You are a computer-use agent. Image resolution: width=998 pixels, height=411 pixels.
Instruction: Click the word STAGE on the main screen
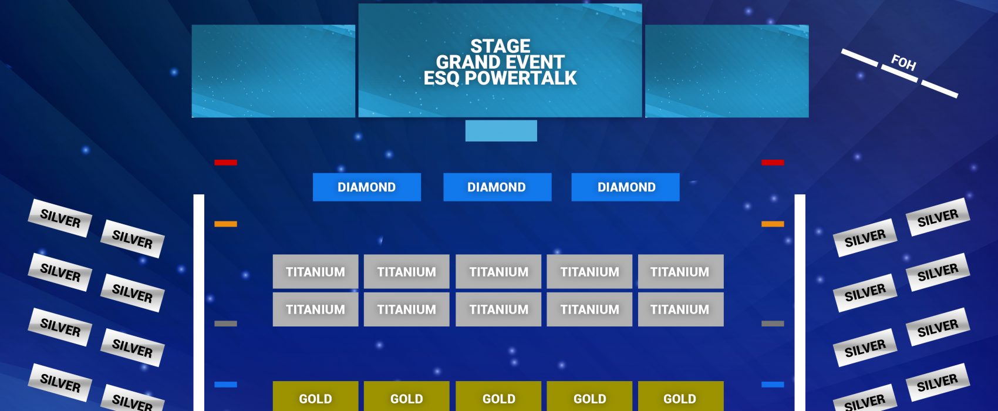(x=500, y=46)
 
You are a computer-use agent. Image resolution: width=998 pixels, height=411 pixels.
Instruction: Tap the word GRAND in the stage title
(x=465, y=62)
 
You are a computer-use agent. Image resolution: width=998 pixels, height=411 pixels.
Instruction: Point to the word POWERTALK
(x=521, y=78)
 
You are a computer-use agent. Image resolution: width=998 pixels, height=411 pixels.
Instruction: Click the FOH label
(x=903, y=62)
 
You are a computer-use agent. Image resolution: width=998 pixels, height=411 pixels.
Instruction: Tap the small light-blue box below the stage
(x=501, y=130)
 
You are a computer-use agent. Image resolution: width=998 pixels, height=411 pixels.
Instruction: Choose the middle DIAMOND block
(x=497, y=187)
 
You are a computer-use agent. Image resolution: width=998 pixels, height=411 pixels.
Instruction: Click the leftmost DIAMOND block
(x=367, y=187)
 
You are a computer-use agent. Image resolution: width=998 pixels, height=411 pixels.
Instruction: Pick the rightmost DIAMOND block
(x=626, y=187)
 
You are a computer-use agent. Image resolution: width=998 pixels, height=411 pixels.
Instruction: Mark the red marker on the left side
(x=226, y=163)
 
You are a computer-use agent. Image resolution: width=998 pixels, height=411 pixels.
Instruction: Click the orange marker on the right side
(x=773, y=224)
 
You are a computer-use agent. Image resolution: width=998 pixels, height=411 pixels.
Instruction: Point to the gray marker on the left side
(x=226, y=324)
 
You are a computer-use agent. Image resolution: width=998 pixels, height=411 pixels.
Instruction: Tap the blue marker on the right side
(x=773, y=385)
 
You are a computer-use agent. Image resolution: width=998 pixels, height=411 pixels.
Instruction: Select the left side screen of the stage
(x=274, y=71)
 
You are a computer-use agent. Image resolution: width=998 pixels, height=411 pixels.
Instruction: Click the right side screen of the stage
(x=727, y=71)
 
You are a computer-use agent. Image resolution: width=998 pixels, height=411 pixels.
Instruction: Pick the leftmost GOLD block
(x=315, y=396)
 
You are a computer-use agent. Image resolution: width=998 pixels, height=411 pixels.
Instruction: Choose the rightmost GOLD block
(x=681, y=396)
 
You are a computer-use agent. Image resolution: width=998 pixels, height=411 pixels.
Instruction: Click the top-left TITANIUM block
(x=315, y=271)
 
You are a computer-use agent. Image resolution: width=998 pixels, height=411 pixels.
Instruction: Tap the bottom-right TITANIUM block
(x=681, y=309)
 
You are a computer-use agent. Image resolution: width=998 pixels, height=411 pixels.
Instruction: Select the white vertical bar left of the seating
(x=198, y=303)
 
